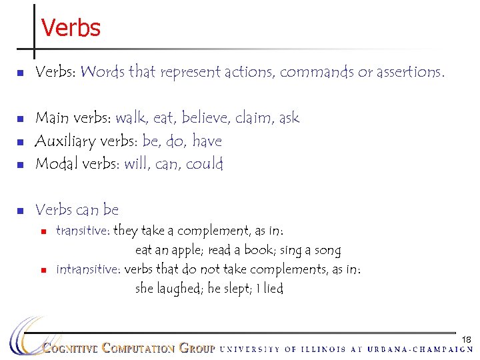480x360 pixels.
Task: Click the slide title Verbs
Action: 71,28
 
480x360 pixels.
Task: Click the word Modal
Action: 55,164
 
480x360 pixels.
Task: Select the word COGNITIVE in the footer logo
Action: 71,348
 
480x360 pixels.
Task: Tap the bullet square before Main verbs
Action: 20,119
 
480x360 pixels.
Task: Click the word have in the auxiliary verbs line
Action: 207,141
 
